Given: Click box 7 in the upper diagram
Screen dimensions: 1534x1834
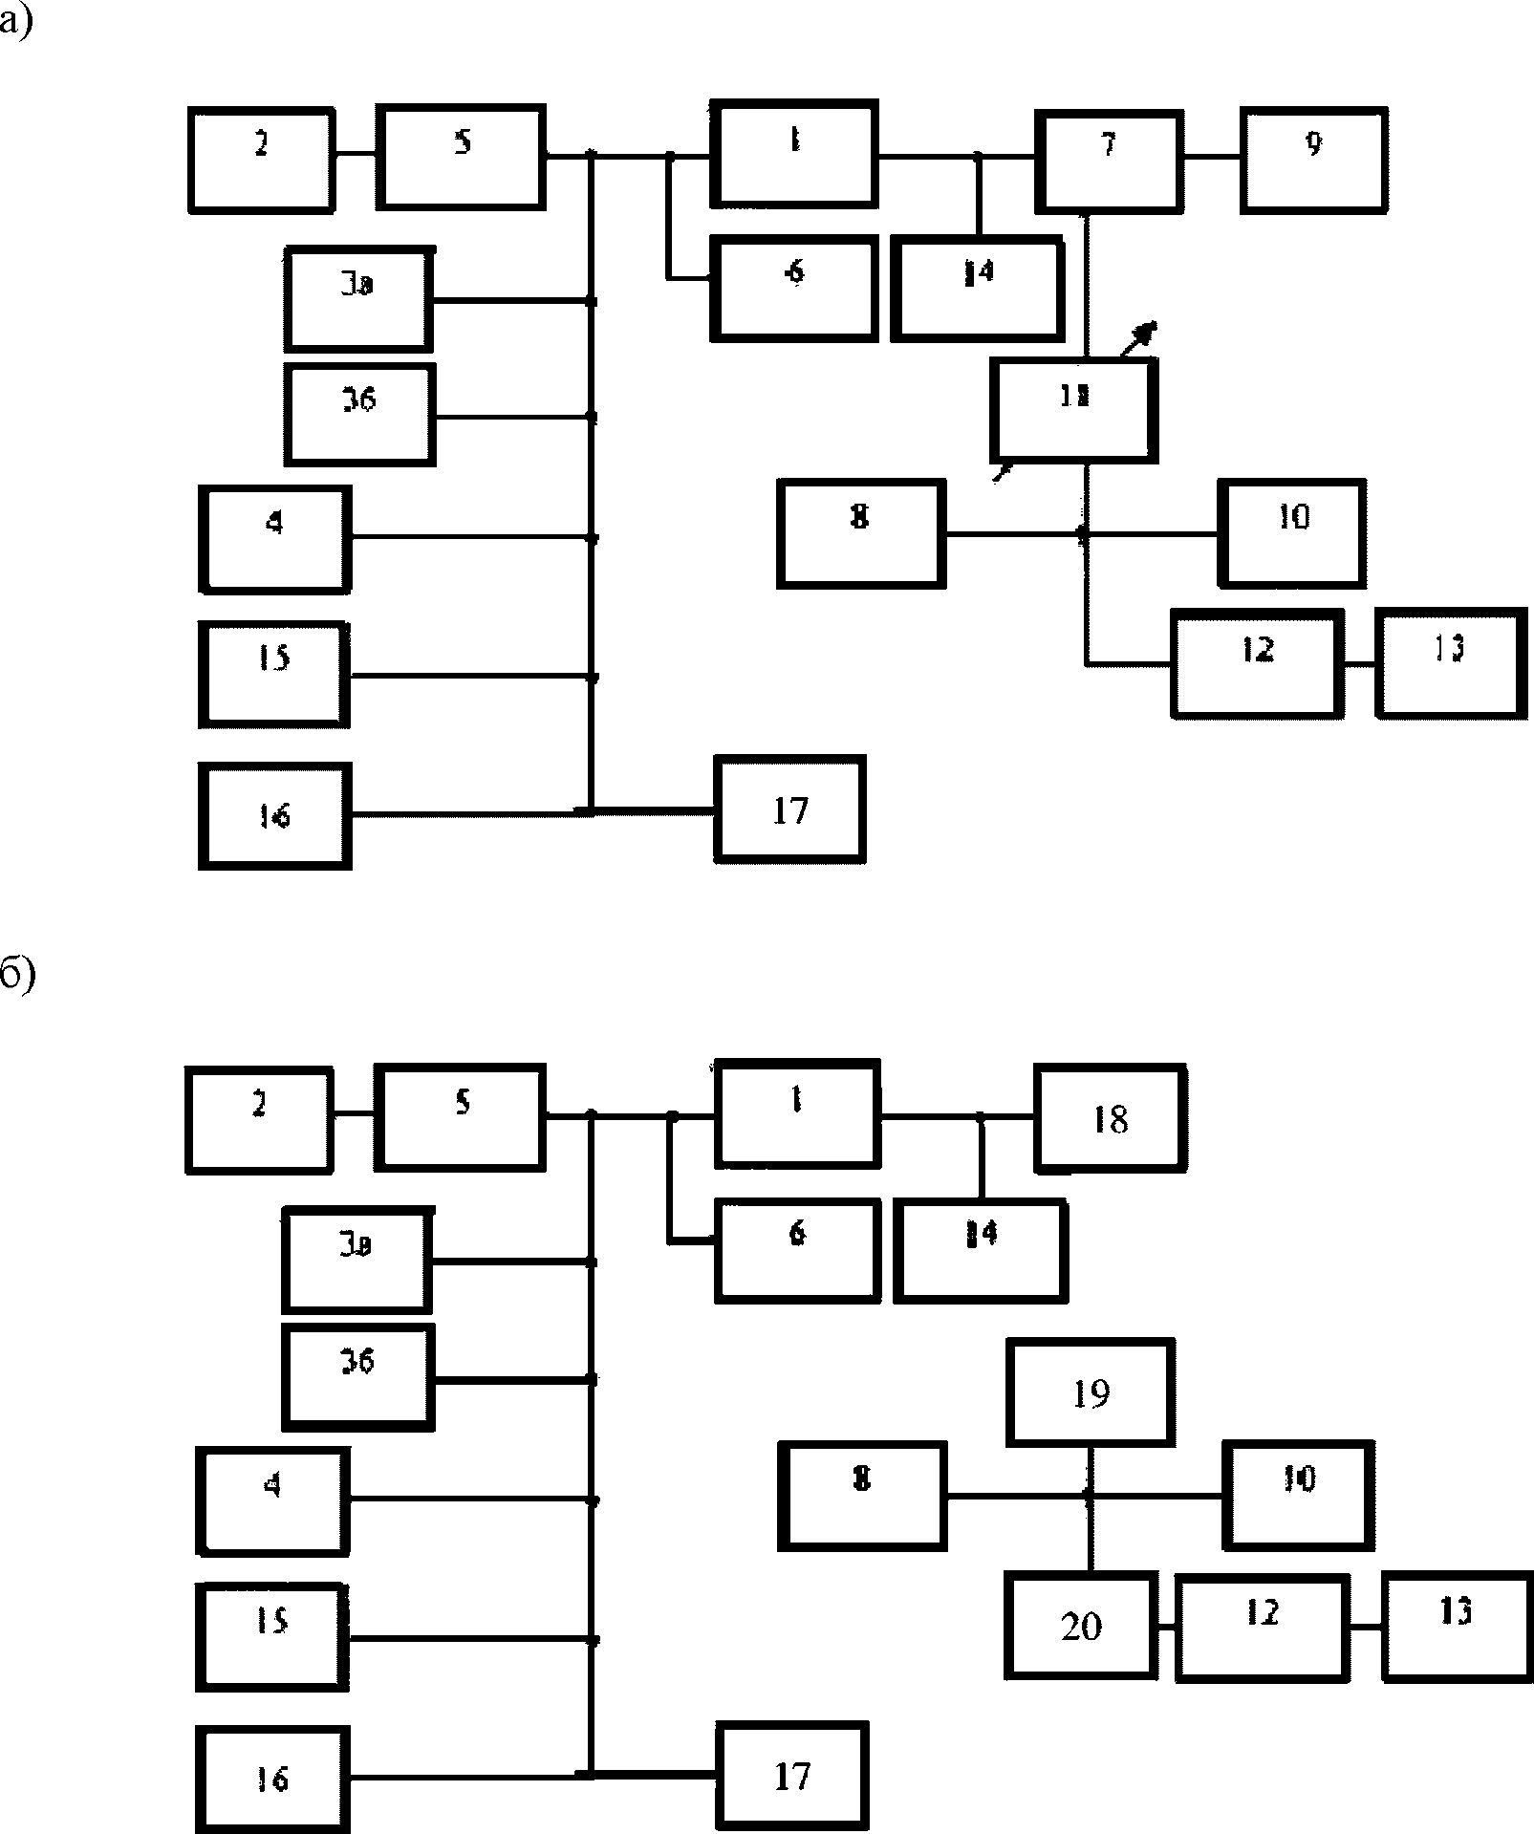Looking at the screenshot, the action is [1109, 160].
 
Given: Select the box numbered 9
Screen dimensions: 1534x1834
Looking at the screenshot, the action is [1314, 160].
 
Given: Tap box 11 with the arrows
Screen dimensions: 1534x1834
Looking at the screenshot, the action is [1074, 410].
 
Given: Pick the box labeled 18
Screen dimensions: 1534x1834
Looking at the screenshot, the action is [1111, 1118].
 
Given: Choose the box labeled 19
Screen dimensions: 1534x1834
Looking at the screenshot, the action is [1091, 1392].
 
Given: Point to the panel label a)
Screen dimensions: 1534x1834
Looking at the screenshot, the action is [16, 21].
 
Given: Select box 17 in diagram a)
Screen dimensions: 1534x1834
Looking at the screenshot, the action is [790, 810].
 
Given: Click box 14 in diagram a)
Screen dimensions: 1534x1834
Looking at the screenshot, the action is [977, 290].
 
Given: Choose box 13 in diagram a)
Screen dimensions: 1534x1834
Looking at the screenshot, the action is [1450, 662].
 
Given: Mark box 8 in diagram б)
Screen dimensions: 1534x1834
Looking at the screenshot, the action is [862, 1495].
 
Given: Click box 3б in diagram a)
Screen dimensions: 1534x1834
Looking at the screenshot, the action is [359, 414].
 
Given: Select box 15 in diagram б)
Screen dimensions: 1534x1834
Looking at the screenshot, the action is [272, 1637].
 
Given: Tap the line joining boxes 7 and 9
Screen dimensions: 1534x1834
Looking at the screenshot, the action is [1211, 158].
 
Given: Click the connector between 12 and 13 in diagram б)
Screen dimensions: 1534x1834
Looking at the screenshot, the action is [1366, 1627].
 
